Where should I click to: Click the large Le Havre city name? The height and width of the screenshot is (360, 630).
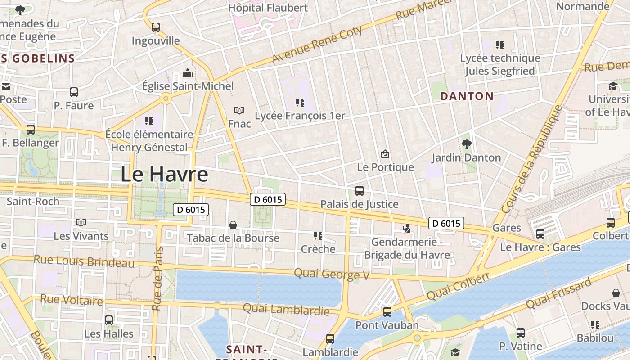164,175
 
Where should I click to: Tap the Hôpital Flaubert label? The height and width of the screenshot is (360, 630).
268,8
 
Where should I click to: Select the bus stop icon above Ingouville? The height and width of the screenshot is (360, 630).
156,27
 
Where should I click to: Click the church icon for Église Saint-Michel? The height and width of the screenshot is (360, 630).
188,73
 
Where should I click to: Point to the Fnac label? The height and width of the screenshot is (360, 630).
239,124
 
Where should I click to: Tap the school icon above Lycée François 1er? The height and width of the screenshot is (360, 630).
300,103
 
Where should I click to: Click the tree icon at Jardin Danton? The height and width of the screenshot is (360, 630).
466,144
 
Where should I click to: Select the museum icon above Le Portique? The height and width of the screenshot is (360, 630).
385,154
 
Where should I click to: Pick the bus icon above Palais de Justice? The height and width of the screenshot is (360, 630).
359,191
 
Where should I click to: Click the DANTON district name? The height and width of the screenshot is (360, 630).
467,96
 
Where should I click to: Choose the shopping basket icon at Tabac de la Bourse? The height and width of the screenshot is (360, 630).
233,225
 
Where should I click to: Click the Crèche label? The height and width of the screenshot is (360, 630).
318,249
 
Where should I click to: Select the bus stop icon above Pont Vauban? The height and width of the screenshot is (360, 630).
387,311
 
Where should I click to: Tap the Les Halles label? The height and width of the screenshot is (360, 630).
109,334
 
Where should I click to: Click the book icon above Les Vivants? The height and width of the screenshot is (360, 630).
81,223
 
